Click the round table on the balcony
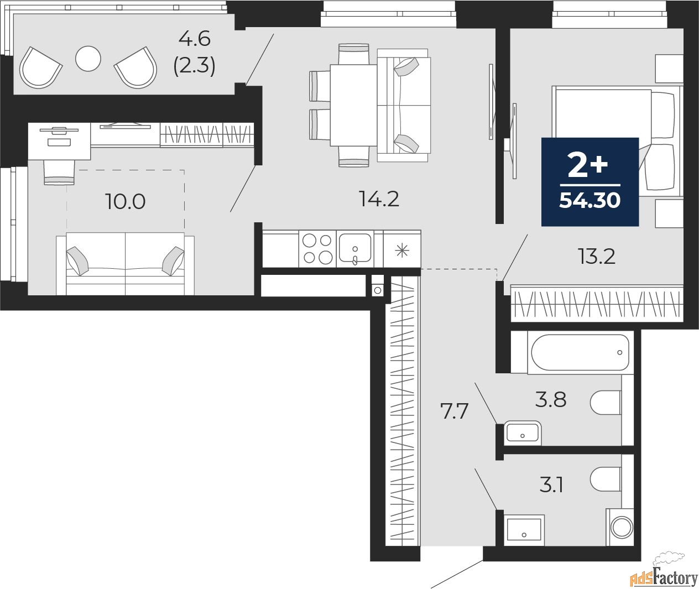click(x=88, y=58)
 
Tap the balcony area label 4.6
click(x=195, y=40)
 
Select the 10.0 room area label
click(x=125, y=202)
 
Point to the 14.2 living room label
click(x=379, y=199)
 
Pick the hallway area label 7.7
click(x=455, y=411)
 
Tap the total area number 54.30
click(x=590, y=200)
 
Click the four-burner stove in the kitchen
click(x=317, y=249)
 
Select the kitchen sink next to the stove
click(x=354, y=249)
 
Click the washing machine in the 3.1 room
click(x=622, y=527)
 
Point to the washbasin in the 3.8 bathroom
click(x=523, y=433)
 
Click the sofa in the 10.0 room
click(x=125, y=263)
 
